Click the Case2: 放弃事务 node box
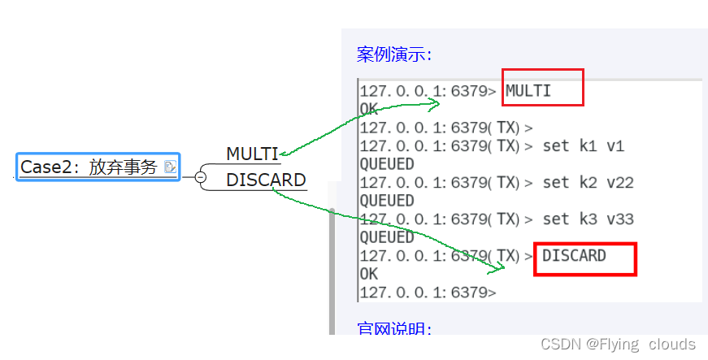[98, 167]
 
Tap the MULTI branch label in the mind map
[252, 154]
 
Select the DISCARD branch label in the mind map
[266, 180]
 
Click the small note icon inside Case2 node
[169, 167]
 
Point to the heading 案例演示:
[394, 54]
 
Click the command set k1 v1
[583, 146]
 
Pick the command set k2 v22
[588, 183]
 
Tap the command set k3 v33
[588, 219]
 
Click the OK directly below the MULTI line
[368, 108]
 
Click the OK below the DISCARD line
[368, 274]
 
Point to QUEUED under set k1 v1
[386, 164]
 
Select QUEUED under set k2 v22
[386, 201]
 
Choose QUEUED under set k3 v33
[386, 237]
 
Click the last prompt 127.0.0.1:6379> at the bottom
[427, 292]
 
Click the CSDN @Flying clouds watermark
[618, 344]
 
